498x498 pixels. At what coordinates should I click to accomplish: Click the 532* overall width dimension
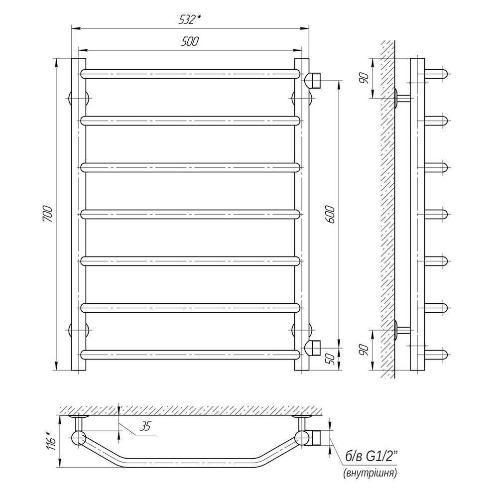point(190,20)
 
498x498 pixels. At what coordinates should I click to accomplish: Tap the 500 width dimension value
point(190,42)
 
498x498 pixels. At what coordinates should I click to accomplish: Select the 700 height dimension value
point(47,214)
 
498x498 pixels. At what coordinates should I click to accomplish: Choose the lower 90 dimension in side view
point(365,350)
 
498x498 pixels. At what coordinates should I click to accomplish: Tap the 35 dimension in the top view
point(144,427)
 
